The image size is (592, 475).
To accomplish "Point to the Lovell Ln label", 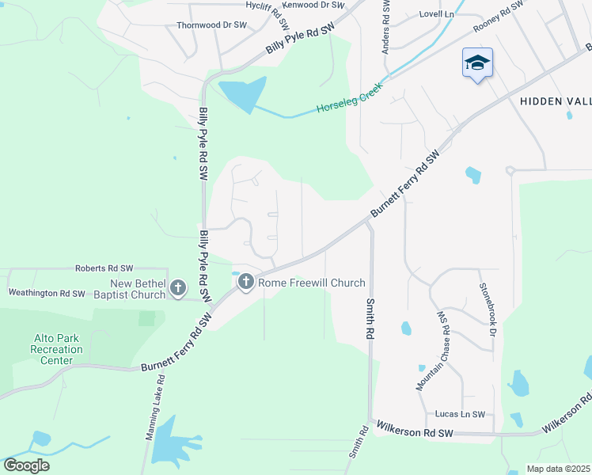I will [x=437, y=14].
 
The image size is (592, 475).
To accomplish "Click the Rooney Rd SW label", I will [x=499, y=17].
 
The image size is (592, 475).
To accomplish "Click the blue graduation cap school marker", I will [x=477, y=63].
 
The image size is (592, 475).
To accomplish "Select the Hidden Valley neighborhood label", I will [x=555, y=101].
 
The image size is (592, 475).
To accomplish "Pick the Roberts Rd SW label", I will [x=104, y=269].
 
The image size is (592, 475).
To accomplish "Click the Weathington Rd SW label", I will [x=46, y=293].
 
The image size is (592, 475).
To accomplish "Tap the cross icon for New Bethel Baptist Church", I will [x=178, y=287].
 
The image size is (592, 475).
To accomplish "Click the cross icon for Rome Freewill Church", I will [x=245, y=281].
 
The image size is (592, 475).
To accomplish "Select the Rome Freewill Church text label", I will [x=311, y=283].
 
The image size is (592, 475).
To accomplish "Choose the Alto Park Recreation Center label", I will [x=58, y=349].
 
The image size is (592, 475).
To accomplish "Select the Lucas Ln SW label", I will [x=460, y=415].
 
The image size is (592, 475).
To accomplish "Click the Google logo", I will [x=26, y=465].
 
